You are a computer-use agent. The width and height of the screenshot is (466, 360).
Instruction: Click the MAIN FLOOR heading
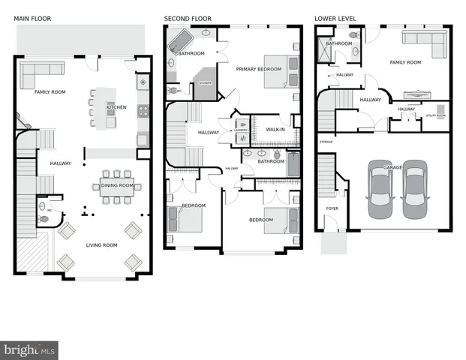coord(32,18)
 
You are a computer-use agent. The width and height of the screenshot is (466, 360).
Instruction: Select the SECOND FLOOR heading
coord(188,18)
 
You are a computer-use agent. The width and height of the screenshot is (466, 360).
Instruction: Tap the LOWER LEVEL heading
coord(335,18)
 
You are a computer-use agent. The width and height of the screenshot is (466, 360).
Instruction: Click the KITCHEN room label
coord(116,107)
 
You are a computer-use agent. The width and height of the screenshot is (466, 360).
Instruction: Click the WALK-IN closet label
coord(275,130)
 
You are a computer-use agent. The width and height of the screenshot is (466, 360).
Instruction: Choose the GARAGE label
coord(392,168)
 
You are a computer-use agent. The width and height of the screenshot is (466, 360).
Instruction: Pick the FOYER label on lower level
coord(331,208)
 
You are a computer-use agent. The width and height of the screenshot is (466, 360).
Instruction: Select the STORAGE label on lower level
coord(326,141)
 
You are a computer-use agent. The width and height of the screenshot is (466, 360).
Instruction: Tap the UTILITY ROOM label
coord(436,116)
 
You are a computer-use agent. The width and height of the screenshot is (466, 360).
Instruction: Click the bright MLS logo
coord(30,349)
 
